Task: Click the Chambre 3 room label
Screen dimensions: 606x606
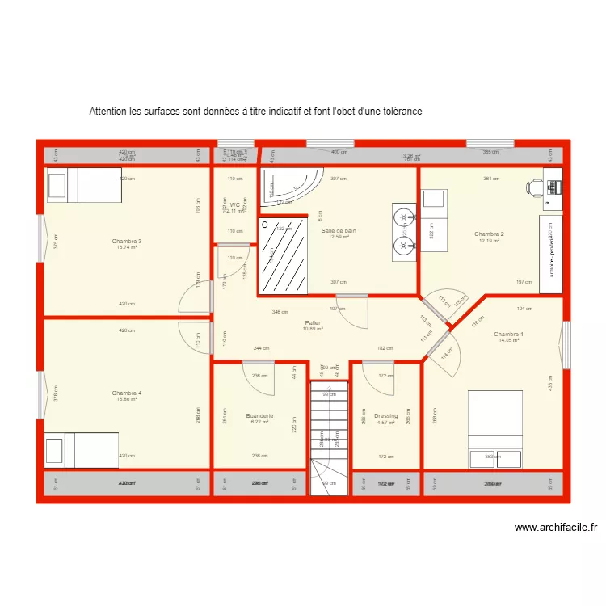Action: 128,241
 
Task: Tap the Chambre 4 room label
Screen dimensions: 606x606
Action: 128,393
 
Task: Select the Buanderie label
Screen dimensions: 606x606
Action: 259,416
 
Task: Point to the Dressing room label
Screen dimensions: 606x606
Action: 385,416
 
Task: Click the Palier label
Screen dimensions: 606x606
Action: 313,322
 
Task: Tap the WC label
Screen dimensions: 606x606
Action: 234,204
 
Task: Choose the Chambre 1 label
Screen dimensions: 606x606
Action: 508,334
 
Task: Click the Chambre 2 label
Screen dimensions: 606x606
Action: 490,234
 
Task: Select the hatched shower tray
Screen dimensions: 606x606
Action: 283,255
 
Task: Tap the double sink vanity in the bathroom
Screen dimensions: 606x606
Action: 404,232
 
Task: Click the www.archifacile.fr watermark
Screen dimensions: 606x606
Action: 556,528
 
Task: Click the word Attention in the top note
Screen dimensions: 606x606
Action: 107,111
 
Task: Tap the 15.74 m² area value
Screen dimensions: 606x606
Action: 128,247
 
